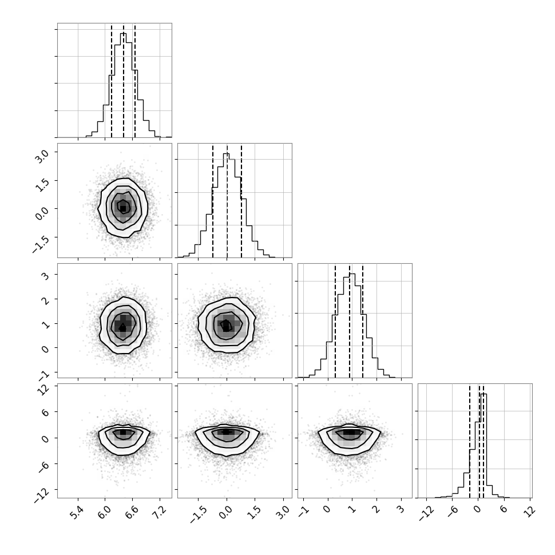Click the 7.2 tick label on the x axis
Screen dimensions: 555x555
click(160, 513)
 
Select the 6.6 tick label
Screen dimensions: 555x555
click(132, 513)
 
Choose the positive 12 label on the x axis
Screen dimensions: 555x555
click(529, 512)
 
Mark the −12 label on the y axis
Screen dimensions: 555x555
click(41, 493)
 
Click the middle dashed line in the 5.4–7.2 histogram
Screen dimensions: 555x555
click(124, 81)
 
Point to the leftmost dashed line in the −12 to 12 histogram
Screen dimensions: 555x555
click(470, 441)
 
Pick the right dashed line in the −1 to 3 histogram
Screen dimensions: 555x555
click(363, 321)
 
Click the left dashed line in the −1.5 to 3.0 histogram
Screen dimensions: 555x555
click(213, 201)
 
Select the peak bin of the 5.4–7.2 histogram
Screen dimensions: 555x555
click(123, 85)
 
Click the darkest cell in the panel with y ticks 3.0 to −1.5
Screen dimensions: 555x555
click(123, 208)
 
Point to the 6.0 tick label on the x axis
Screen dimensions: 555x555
click(105, 513)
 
